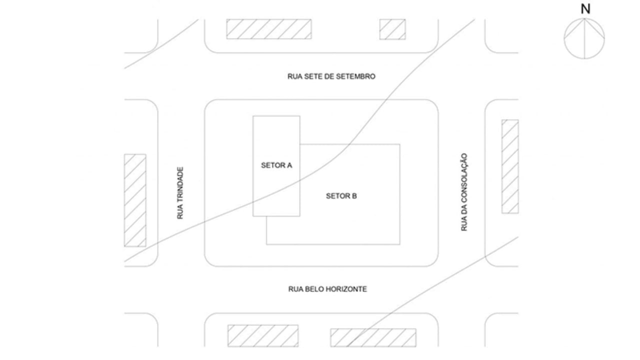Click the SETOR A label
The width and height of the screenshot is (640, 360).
click(276, 165)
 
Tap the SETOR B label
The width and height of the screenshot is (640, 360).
click(341, 196)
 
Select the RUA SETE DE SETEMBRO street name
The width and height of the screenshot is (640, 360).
click(331, 76)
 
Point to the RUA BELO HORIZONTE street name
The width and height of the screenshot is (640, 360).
click(327, 289)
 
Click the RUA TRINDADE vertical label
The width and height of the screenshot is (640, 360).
click(180, 193)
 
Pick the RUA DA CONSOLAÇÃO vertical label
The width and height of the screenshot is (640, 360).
click(464, 192)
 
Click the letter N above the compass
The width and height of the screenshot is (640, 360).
click(585, 9)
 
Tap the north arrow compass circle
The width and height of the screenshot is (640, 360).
click(564, 38)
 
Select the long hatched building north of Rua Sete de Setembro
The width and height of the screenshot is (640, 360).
click(269, 29)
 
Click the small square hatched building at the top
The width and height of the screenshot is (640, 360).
click(392, 29)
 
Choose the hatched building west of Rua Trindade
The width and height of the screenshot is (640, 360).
click(135, 200)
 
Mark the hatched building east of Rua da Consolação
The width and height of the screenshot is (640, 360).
click(510, 166)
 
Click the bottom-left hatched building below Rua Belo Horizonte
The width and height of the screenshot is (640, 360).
click(263, 335)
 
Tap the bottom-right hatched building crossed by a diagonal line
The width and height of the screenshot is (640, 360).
click(373, 337)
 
